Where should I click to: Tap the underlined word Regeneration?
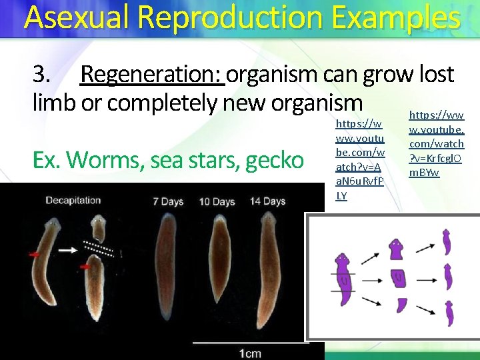(151, 74)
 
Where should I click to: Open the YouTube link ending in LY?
(359, 159)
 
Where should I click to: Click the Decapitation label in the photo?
(73, 200)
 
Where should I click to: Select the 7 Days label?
(168, 201)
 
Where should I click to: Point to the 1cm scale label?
(251, 353)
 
